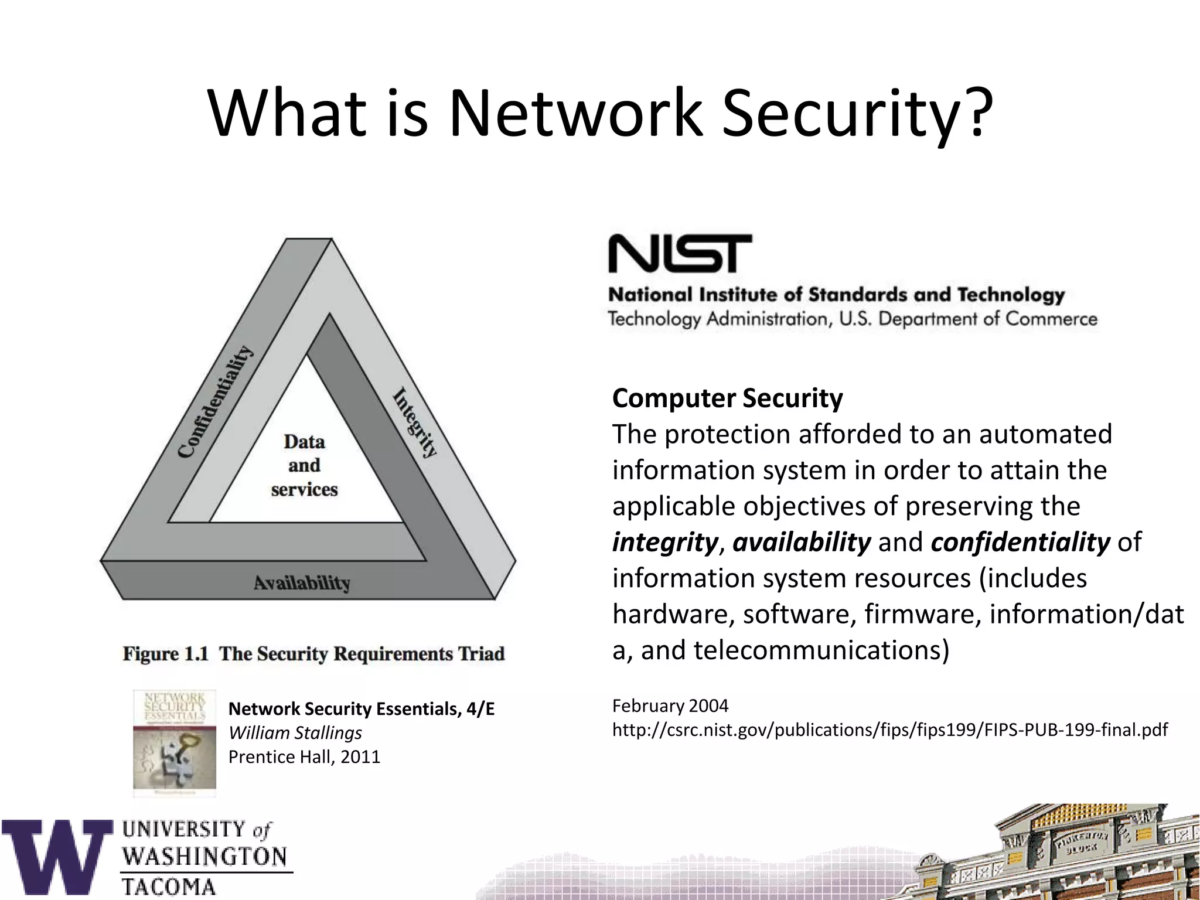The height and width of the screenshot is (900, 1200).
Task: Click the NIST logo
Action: (x=680, y=254)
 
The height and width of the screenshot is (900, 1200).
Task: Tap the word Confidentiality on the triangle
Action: (x=216, y=402)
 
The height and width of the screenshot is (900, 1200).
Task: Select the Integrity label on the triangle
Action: (x=415, y=422)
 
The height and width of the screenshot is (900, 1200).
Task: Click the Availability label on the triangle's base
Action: (x=302, y=582)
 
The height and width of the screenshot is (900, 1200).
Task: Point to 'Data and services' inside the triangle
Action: (x=304, y=465)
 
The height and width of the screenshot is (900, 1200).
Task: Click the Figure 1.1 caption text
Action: (x=313, y=654)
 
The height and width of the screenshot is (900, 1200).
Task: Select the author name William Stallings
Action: (x=295, y=733)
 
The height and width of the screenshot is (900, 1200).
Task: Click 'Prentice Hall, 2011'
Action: (x=304, y=757)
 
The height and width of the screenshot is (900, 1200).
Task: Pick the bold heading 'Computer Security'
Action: (x=727, y=398)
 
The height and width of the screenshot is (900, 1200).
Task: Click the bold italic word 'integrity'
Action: (x=664, y=543)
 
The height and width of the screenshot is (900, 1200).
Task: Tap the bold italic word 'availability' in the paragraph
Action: (x=802, y=543)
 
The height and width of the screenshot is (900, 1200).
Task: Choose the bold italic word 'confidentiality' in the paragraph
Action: (x=1020, y=543)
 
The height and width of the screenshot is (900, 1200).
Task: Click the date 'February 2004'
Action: (x=670, y=705)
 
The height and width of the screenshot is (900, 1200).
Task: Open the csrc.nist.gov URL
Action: (x=889, y=730)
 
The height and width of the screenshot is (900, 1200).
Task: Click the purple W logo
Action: (x=57, y=857)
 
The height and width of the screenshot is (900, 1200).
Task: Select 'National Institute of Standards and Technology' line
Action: (x=836, y=295)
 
